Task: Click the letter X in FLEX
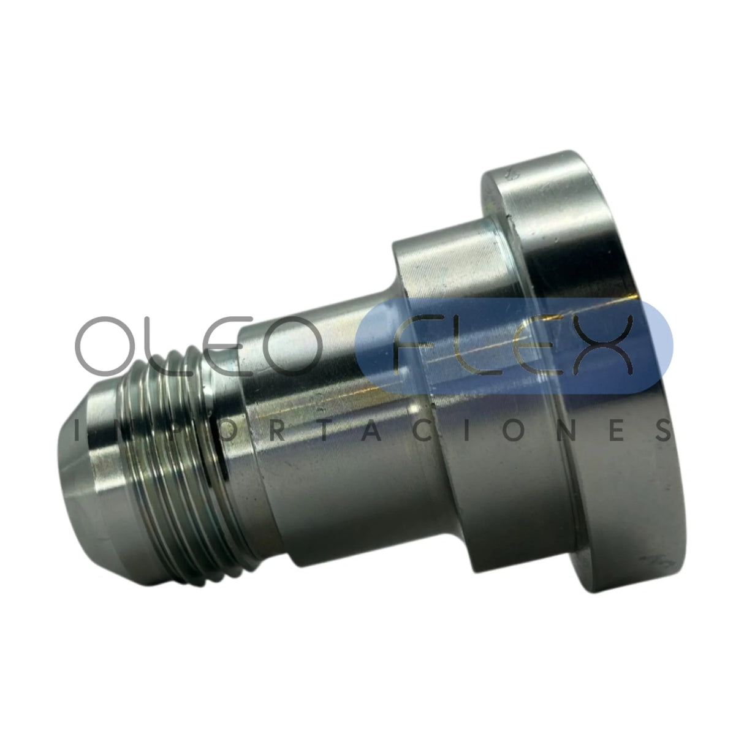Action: coord(602,346)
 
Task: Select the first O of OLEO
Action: coord(105,346)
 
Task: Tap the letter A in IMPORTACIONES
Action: coord(370,431)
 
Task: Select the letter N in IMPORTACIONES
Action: coord(573,431)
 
